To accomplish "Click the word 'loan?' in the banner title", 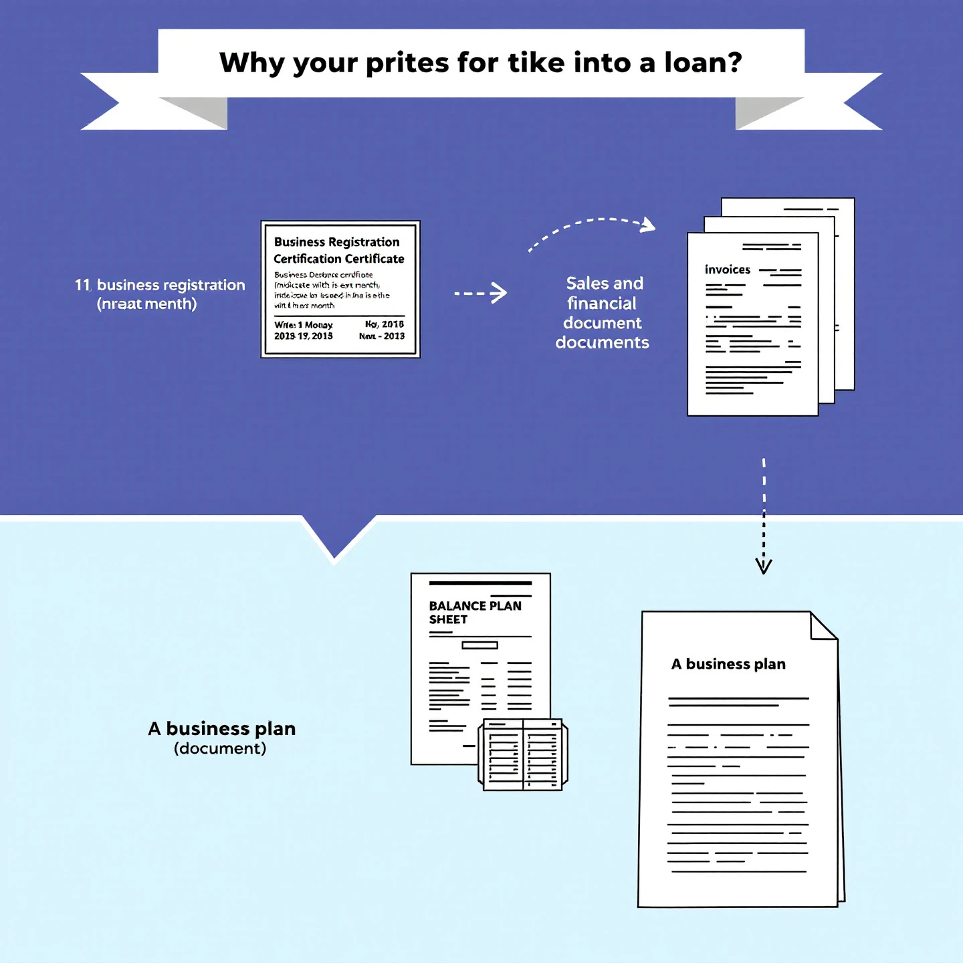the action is pos(703,63).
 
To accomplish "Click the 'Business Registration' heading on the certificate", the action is pos(336,242).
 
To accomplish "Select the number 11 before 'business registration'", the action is pos(82,286).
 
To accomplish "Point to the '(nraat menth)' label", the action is pos(146,304).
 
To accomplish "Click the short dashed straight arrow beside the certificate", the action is pos(480,293).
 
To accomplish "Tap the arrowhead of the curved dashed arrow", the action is pos(647,225).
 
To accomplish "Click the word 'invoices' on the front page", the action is pos(727,270).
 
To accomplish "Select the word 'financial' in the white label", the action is pos(602,304).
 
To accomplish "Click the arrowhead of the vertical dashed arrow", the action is pos(764,566).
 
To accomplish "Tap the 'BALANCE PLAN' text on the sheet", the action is pos(475,606).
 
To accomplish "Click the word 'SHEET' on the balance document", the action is pos(448,620).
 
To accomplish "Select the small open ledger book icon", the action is pos(523,754).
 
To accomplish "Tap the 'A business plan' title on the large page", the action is pos(728,664).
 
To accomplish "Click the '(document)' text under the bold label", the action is pos(220,748).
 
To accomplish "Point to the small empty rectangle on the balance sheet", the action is pos(479,645).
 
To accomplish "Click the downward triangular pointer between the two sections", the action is pos(335,538).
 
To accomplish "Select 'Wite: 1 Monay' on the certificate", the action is pos(303,325).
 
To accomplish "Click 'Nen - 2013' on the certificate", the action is pos(381,336).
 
